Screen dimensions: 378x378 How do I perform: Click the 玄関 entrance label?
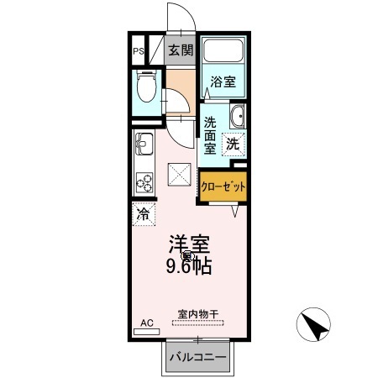(180, 50)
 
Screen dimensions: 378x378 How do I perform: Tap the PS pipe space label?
(138, 50)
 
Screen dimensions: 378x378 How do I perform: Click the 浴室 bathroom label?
(223, 82)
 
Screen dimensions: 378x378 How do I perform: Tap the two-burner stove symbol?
(142, 182)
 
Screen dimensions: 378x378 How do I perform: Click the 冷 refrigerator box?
(142, 213)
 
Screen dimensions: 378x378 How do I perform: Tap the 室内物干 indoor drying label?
(197, 314)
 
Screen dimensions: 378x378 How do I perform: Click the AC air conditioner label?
(146, 323)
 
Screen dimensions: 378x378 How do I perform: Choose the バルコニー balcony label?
(197, 356)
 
